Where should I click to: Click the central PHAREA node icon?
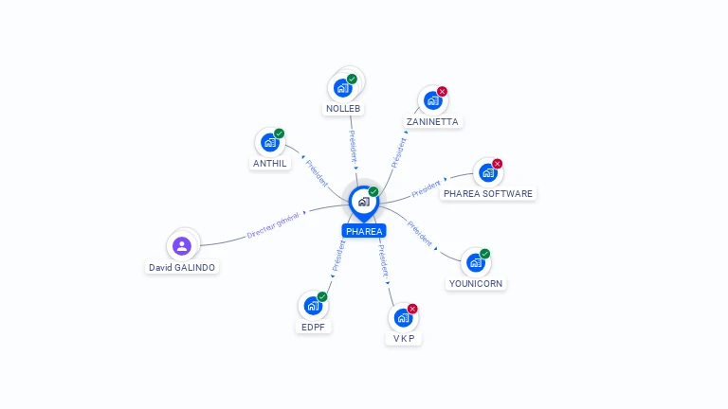[363, 201]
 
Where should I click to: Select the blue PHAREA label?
[364, 231]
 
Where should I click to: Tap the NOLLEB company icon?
[342, 88]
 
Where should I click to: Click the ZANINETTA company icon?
[432, 100]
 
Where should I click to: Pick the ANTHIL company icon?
[270, 143]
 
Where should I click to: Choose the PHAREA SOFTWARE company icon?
[487, 172]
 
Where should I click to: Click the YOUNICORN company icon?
[475, 262]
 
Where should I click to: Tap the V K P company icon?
[403, 317]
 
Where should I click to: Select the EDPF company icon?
[313, 306]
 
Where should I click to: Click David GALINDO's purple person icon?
[182, 245]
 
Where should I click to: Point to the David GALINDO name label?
[182, 267]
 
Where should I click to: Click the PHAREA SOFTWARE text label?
[488, 194]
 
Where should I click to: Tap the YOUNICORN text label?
[477, 283]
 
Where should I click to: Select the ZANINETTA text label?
[432, 122]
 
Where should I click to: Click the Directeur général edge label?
[273, 225]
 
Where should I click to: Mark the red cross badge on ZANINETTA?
[442, 92]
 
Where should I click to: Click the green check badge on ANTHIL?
[279, 133]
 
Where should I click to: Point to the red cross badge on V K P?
[412, 309]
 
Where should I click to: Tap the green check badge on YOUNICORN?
[484, 254]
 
